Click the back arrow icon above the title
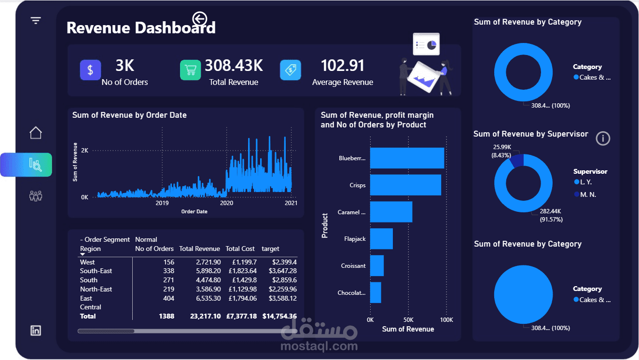[199, 19]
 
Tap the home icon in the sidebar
[36, 133]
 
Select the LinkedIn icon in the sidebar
[36, 331]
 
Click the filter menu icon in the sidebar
[36, 20]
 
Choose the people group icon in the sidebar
[36, 196]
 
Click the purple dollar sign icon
[90, 70]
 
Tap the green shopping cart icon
[190, 70]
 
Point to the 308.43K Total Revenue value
[234, 66]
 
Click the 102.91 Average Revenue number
[342, 66]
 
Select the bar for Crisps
[405, 185]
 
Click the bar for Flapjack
[381, 239]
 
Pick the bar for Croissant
[377, 266]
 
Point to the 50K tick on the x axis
[408, 320]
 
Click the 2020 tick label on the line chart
[226, 203]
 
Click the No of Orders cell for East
[168, 298]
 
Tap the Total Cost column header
[240, 249]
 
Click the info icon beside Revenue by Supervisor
[603, 138]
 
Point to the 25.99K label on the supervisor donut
[502, 147]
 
